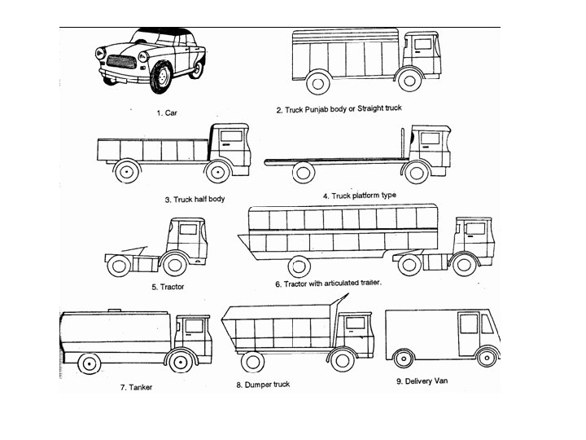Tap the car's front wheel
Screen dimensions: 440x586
click(161, 77)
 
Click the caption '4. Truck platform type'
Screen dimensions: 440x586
click(359, 196)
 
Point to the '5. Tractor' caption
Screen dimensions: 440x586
click(168, 287)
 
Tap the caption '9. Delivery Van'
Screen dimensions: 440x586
click(422, 381)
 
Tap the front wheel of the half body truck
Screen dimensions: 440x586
click(216, 173)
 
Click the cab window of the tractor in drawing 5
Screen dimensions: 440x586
click(188, 229)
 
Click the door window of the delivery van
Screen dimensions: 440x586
click(468, 323)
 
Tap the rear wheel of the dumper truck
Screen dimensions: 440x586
click(255, 360)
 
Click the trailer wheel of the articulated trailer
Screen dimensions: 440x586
click(300, 265)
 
